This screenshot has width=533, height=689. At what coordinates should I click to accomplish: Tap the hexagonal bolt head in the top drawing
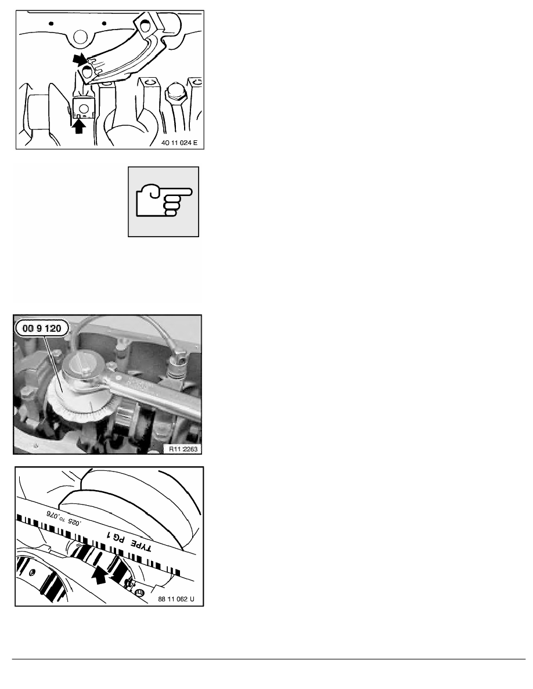click(x=174, y=90)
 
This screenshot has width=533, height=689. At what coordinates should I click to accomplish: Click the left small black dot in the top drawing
click(x=52, y=24)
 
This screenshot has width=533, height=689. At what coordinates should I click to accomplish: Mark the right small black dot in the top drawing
click(x=103, y=24)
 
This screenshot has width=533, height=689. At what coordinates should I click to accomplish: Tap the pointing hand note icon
click(x=163, y=201)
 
